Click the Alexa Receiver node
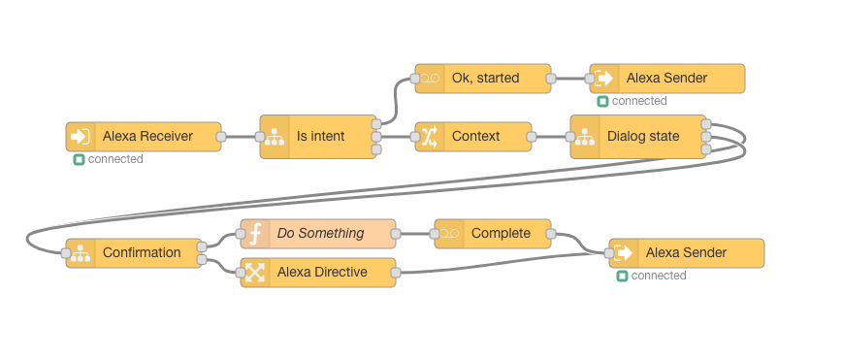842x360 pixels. click(x=144, y=137)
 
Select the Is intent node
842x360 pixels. click(x=318, y=137)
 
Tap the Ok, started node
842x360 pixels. click(x=483, y=79)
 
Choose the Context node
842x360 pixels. click(x=473, y=137)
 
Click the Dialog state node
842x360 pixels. click(x=638, y=137)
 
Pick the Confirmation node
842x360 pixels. click(x=134, y=253)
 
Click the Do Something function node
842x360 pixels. click(x=318, y=234)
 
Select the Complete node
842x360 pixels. click(x=493, y=234)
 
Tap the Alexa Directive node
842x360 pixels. click(x=318, y=273)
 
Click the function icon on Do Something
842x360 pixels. click(x=256, y=234)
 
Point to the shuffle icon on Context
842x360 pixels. click(x=430, y=137)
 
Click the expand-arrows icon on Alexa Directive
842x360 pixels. click(x=255, y=273)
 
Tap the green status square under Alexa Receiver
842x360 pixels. click(x=80, y=159)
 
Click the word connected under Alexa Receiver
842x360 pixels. click(x=115, y=159)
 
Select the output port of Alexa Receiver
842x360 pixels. click(x=221, y=137)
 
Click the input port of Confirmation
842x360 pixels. click(x=66, y=253)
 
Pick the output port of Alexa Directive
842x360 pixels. click(x=396, y=273)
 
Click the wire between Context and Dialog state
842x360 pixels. click(x=551, y=137)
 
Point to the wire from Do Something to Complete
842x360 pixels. click(x=415, y=234)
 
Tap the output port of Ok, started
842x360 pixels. click(x=551, y=79)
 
